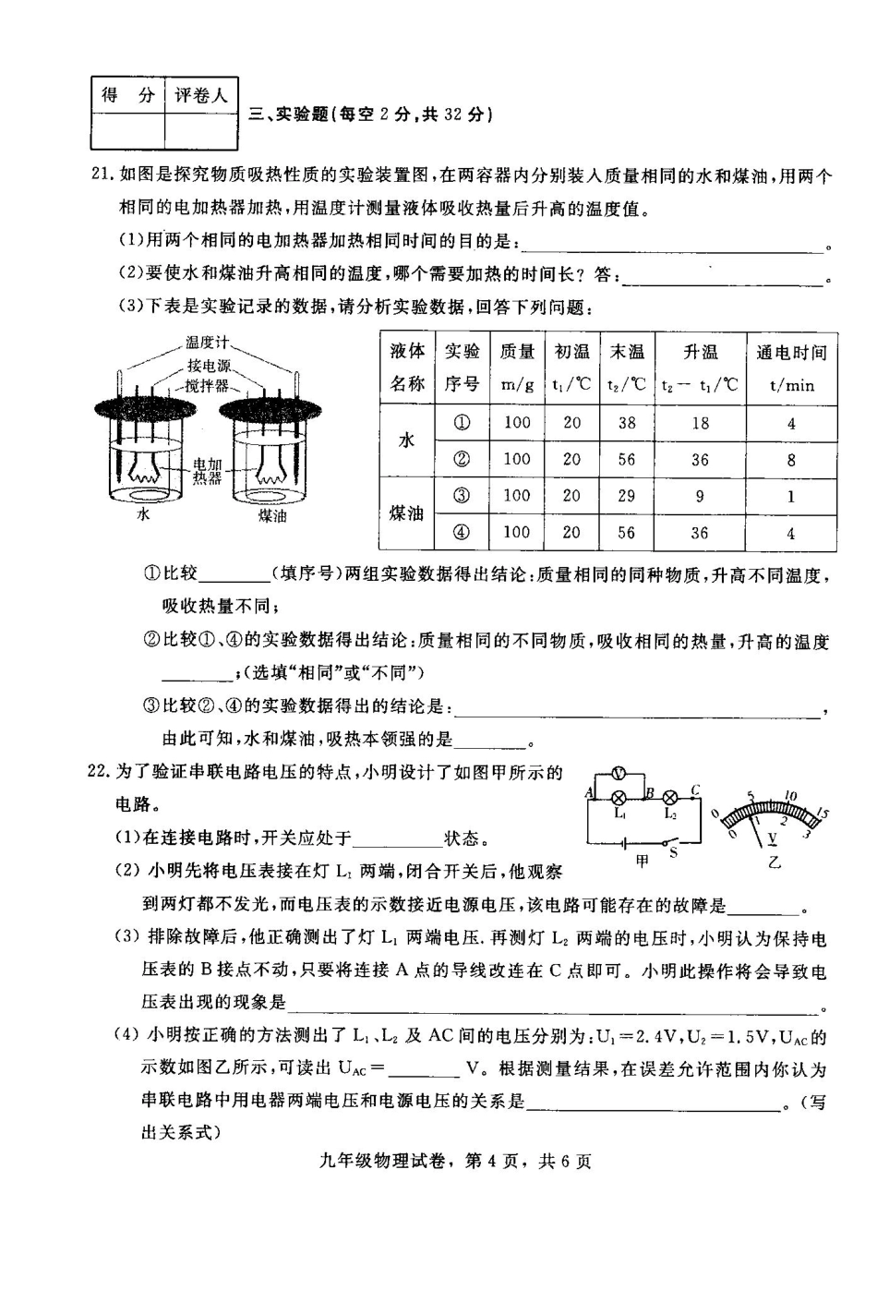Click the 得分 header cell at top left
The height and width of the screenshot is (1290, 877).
pos(127,95)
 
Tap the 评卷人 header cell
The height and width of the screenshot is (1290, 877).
pos(200,95)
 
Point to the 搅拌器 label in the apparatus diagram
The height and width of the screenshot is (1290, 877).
pos(206,386)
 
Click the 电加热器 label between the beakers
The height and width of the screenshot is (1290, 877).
pos(207,471)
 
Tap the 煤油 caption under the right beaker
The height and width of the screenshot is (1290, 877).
pos(271,515)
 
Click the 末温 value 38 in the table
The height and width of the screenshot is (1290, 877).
pos(627,423)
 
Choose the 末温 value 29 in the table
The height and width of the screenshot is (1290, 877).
pos(627,496)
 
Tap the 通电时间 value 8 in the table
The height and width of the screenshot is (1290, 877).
pos(791,459)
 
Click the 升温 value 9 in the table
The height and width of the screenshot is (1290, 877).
pos(700,496)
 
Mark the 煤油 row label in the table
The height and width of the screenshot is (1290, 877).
pos(406,513)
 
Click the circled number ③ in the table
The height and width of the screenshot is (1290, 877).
pos(462,496)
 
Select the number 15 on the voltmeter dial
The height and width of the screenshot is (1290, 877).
pos(822,813)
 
